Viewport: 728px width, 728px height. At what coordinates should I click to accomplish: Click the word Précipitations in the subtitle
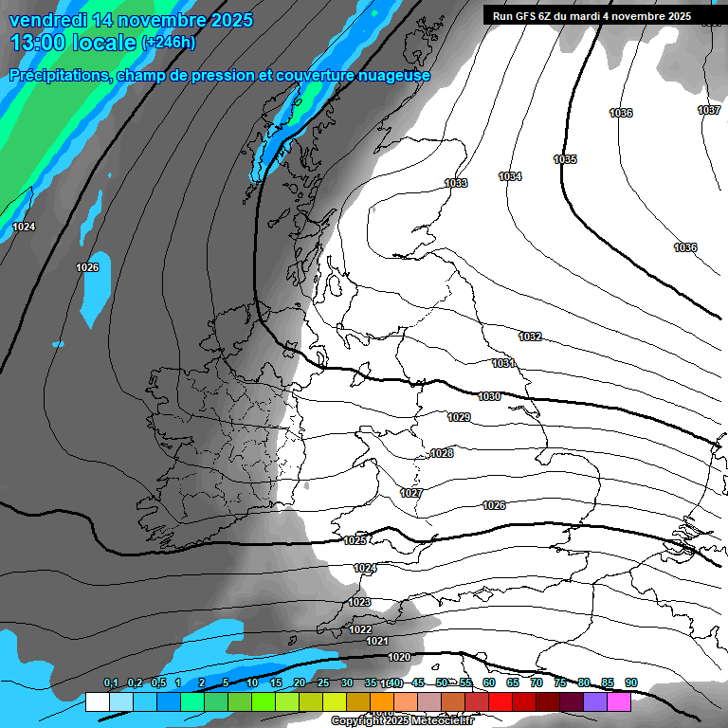click(59, 76)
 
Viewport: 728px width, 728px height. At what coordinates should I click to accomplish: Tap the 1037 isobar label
click(709, 110)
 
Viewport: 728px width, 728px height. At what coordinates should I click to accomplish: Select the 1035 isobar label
click(565, 159)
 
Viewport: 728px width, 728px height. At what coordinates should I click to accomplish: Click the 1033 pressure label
click(456, 183)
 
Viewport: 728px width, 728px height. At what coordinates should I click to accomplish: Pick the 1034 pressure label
click(510, 176)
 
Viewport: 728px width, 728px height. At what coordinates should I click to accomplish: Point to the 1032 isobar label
click(530, 337)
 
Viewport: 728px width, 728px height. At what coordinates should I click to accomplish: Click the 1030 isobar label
click(490, 396)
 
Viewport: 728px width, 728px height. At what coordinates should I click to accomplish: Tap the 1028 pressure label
click(442, 453)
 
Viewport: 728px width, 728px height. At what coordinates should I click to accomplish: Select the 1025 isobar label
click(355, 540)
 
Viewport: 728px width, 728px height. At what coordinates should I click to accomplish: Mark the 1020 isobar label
click(400, 657)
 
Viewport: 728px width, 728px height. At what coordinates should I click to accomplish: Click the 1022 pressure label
click(360, 629)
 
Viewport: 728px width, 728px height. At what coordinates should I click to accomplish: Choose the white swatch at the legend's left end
click(97, 701)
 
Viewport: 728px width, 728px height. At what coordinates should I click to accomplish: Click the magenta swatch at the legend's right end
click(619, 701)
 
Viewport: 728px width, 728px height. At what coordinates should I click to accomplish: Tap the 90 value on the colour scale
click(631, 683)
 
